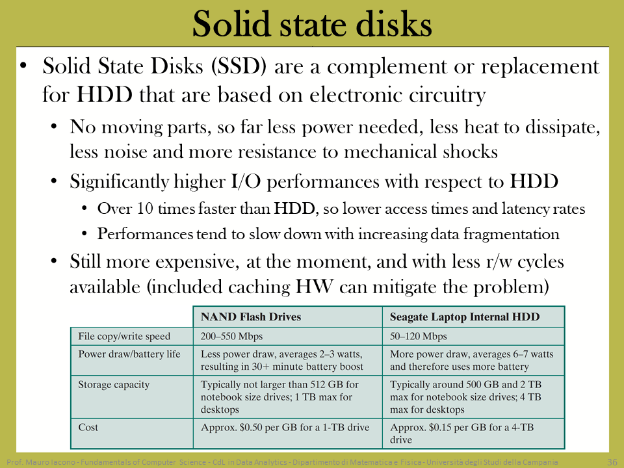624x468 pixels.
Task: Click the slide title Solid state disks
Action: pyautogui.click(x=312, y=24)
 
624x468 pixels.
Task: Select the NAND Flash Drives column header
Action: pyautogui.click(x=251, y=317)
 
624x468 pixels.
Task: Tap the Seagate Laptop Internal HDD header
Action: pyautogui.click(x=465, y=317)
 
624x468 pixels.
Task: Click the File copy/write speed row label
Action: pyautogui.click(x=124, y=336)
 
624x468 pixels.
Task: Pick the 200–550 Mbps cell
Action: pyautogui.click(x=231, y=336)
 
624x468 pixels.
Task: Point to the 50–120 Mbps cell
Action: pyautogui.click(x=418, y=336)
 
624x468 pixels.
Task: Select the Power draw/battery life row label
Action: pyautogui.click(x=129, y=354)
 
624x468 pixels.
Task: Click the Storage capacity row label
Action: pyautogui.click(x=114, y=384)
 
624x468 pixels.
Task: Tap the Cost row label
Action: pyautogui.click(x=88, y=427)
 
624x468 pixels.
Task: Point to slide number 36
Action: pyautogui.click(x=612, y=462)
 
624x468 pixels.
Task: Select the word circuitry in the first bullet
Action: pyautogui.click(x=447, y=96)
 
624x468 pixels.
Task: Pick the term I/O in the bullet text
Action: pyautogui.click(x=246, y=181)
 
